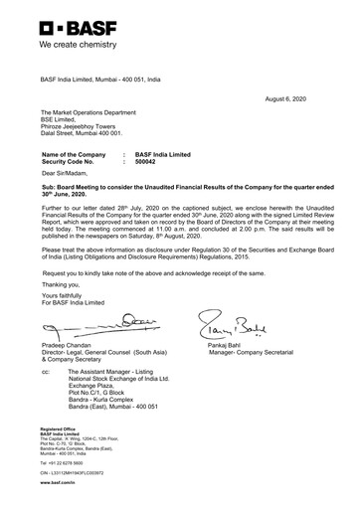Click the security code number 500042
point(148,161)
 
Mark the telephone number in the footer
point(61,462)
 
